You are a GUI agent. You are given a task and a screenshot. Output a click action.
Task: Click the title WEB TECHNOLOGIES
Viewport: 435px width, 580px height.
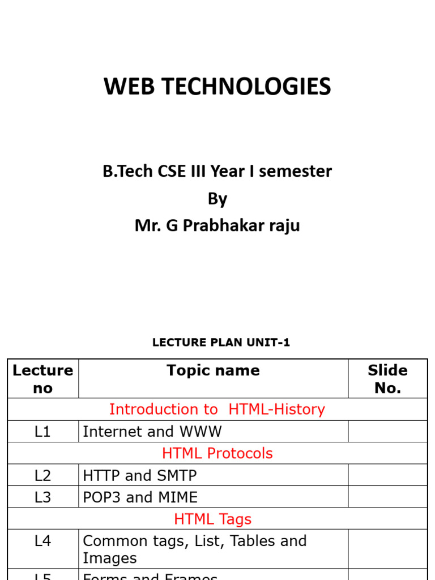point(217,87)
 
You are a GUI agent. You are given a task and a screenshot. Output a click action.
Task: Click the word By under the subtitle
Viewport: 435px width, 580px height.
point(217,199)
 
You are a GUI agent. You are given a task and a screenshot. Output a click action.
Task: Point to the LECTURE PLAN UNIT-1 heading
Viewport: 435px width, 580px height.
point(221,343)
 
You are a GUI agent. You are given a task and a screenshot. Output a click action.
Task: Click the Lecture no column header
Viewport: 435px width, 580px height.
point(43,379)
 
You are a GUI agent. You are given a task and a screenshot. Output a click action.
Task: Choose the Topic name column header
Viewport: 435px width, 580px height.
point(213,370)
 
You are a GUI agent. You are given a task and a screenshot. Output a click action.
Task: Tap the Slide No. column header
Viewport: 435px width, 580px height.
point(387,379)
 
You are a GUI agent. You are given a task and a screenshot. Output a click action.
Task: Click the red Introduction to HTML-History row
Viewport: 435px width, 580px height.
point(217,410)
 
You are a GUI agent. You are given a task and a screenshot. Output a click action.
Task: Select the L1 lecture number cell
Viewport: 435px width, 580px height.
point(43,432)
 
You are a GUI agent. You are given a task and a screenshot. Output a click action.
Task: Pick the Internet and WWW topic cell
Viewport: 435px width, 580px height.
point(152,432)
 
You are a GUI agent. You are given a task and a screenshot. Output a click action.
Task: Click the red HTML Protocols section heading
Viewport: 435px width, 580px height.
point(217,453)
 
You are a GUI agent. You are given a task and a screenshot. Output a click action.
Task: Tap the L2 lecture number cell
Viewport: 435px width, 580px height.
point(43,475)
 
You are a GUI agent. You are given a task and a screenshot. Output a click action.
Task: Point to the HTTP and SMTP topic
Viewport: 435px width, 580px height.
point(140,475)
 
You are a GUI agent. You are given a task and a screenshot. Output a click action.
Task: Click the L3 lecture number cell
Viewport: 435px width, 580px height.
point(43,497)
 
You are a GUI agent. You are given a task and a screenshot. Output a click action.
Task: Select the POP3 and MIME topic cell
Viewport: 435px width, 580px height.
point(140,497)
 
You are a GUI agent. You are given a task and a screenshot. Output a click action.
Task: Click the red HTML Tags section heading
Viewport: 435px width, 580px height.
point(213,519)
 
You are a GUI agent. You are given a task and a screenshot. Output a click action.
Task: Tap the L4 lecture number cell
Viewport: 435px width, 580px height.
point(43,541)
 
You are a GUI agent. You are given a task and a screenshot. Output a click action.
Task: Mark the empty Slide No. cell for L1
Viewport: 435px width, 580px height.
point(387,432)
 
